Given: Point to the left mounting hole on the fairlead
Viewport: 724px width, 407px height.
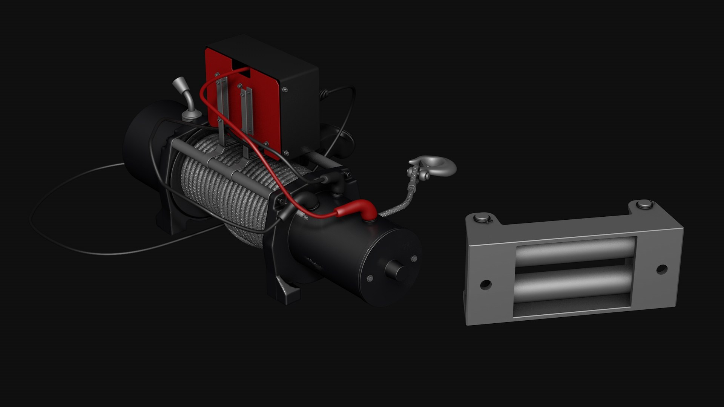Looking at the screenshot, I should (x=486, y=284).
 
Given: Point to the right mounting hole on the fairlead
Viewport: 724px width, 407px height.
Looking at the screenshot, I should (x=662, y=269).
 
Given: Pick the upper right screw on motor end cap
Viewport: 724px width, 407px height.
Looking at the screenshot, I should (x=414, y=259).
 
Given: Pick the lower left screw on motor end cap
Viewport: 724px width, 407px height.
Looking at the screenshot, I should (x=370, y=278).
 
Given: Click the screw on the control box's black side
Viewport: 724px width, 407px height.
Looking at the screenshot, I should (x=285, y=89).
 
